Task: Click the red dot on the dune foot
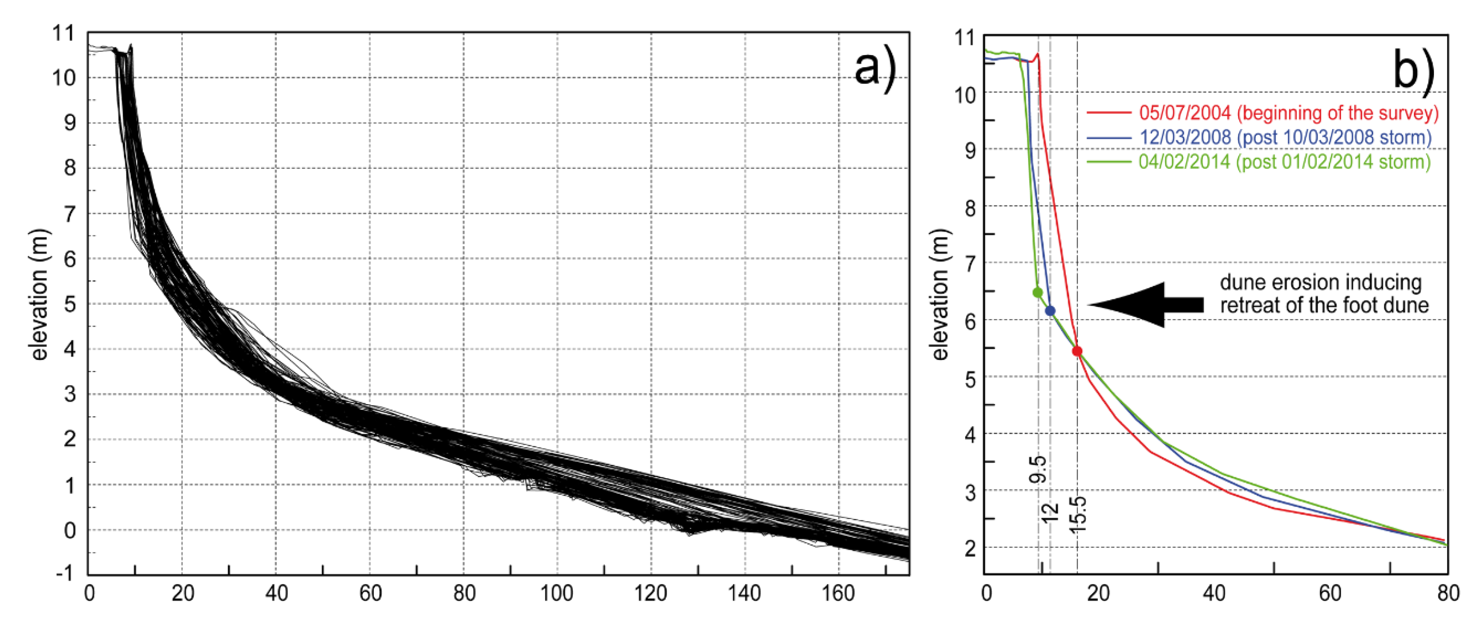1077,351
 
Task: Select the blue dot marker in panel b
1050,311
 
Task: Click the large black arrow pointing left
1144,305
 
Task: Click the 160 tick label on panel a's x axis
838,594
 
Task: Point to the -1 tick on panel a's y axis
66,573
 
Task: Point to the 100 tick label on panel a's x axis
557,594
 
